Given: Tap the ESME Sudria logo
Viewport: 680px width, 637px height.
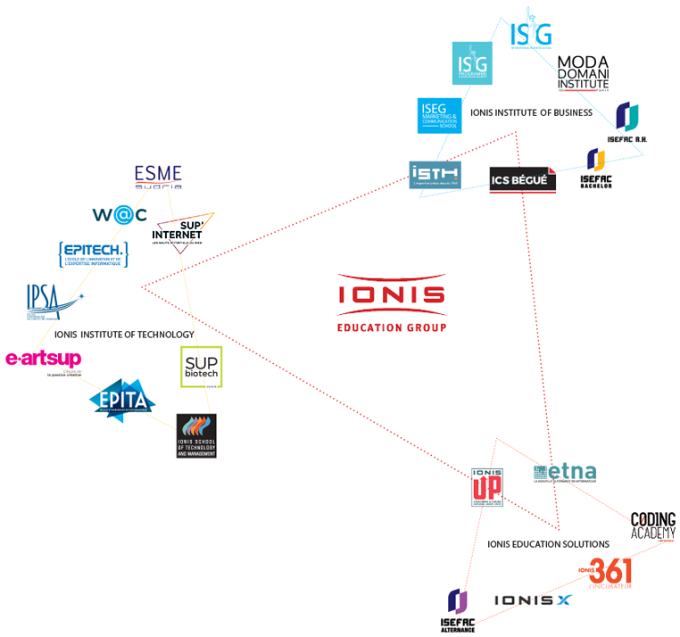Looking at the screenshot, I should pyautogui.click(x=158, y=177).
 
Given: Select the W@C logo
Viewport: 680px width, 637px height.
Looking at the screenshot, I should pyautogui.click(x=120, y=214).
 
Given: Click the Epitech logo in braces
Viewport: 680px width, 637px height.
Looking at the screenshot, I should pyautogui.click(x=93, y=253).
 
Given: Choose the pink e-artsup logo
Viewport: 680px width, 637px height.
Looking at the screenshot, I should pyautogui.click(x=44, y=360).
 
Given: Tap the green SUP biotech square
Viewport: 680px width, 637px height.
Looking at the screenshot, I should pyautogui.click(x=201, y=366).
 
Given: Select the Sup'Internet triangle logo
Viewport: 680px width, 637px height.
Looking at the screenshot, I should pyautogui.click(x=184, y=232).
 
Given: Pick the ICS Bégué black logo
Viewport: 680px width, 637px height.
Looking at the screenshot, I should pyautogui.click(x=523, y=179).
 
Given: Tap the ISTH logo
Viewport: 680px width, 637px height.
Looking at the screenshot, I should pyautogui.click(x=435, y=175).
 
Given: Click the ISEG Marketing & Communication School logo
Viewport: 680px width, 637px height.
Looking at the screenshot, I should pyautogui.click(x=439, y=115).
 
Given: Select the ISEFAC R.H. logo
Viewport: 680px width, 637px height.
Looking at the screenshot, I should pyautogui.click(x=627, y=123).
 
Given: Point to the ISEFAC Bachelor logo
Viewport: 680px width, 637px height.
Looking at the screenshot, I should pyautogui.click(x=596, y=169).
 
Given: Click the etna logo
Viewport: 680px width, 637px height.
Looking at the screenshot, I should pyautogui.click(x=566, y=474).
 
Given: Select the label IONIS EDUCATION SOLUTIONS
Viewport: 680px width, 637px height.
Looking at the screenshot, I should pyautogui.click(x=548, y=543).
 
